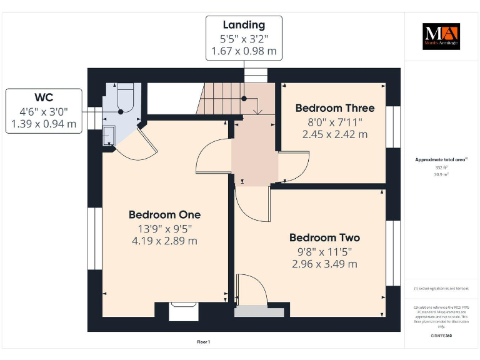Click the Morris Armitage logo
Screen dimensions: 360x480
pos(441,36)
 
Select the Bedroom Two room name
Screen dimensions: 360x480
pos(324,237)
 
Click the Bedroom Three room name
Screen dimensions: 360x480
pos(335,108)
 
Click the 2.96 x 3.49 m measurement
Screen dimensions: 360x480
pos(324,264)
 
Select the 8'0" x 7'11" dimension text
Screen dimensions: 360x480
pos(335,121)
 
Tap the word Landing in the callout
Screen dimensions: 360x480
pos(244,25)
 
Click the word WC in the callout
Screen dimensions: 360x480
pos(44,98)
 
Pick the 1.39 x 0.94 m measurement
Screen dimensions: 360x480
pos(44,124)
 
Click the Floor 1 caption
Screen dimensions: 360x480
pos(203,342)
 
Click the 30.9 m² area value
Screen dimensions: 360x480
pos(441,174)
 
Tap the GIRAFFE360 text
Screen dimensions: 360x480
pos(441,336)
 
